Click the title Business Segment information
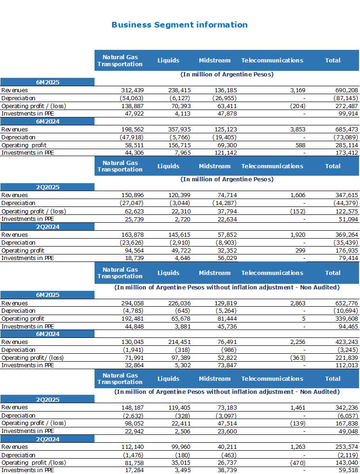point(179,25)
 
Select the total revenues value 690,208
point(346,90)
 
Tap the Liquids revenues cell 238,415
point(179,90)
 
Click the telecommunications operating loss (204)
point(298,106)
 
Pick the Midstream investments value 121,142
point(225,153)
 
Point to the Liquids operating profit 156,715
point(179,145)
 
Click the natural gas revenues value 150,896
point(133,195)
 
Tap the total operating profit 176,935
point(346,250)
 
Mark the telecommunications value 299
point(300,250)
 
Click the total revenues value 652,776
point(346,303)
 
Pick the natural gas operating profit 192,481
point(133,319)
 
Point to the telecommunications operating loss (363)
point(298,357)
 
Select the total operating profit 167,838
point(346,423)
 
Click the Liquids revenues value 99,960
point(181,447)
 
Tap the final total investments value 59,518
point(348,470)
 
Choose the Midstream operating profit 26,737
point(227,462)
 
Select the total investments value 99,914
point(348,114)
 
